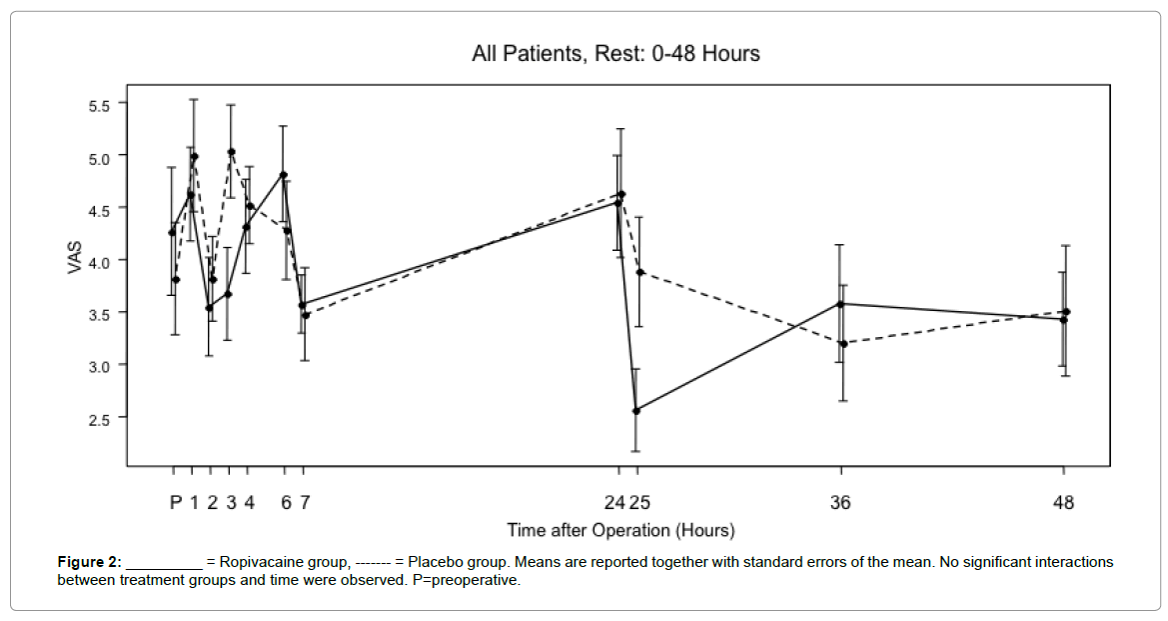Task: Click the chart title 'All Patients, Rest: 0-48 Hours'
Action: [x=616, y=54]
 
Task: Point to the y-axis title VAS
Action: [x=75, y=258]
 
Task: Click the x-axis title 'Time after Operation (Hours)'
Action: [x=620, y=530]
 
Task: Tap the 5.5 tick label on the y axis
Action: [x=99, y=106]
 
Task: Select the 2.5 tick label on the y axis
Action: [x=99, y=420]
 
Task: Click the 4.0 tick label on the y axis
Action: [x=99, y=263]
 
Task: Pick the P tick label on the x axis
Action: [x=176, y=502]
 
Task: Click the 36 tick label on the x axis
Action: [x=840, y=502]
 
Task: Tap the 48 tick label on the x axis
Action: [x=1064, y=502]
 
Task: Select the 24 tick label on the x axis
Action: [x=614, y=502]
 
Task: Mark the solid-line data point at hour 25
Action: [x=636, y=411]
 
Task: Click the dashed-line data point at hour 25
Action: [x=639, y=272]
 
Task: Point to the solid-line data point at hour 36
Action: [x=840, y=304]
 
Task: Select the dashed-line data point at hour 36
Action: [x=843, y=344]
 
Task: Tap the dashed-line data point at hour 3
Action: [x=232, y=151]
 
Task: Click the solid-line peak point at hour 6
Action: [x=283, y=175]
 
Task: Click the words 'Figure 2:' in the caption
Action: [x=89, y=562]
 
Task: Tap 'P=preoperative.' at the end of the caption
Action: [x=467, y=580]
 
